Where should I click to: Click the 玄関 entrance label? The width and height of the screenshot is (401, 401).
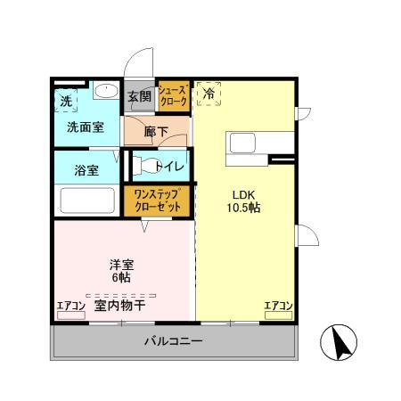click(x=138, y=95)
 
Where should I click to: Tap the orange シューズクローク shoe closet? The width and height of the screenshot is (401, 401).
click(x=173, y=95)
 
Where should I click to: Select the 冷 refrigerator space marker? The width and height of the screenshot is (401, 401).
click(x=209, y=93)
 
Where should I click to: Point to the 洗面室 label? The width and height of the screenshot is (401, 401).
click(x=85, y=127)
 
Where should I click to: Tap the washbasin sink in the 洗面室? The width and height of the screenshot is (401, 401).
click(x=105, y=90)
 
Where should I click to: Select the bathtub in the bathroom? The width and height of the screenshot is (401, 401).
click(x=86, y=201)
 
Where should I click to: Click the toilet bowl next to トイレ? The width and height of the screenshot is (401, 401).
click(x=143, y=166)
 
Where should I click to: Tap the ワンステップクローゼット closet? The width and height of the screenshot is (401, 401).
click(x=158, y=200)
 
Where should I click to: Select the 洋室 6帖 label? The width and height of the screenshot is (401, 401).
click(x=122, y=271)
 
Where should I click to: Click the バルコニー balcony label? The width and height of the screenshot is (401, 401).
click(x=174, y=341)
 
